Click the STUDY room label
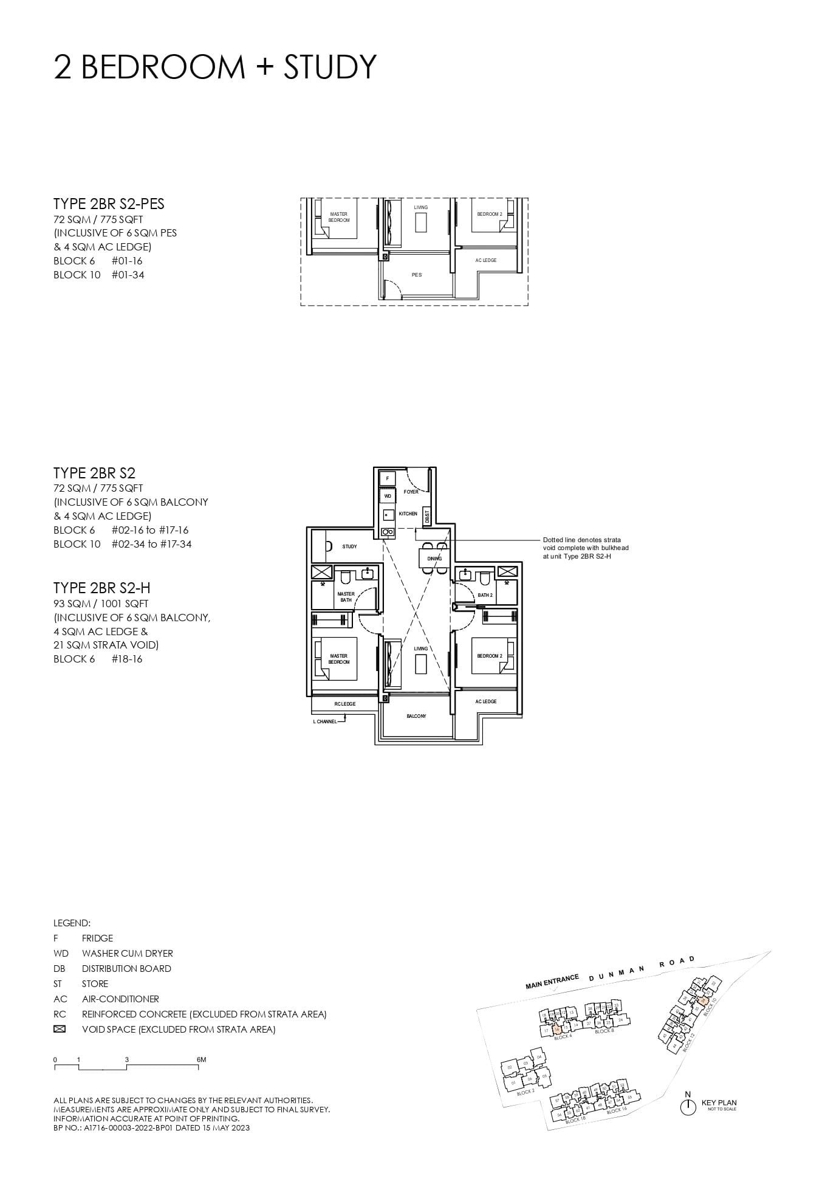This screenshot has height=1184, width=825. (x=349, y=546)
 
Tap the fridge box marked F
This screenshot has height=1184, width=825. (x=388, y=478)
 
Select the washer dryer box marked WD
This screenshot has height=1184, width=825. (x=388, y=497)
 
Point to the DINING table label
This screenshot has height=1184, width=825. (x=434, y=558)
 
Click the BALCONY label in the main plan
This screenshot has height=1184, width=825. (x=416, y=716)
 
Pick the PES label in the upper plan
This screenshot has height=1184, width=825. (x=416, y=275)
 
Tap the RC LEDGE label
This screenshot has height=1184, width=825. (x=345, y=704)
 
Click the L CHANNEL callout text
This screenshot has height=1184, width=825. (x=325, y=721)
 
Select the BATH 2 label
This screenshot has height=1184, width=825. (x=485, y=595)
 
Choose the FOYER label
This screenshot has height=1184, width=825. (x=411, y=492)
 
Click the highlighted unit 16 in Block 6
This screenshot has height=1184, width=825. (x=556, y=1030)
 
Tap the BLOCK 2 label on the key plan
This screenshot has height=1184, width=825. (x=526, y=1092)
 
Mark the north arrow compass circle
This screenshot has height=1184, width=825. (x=688, y=1107)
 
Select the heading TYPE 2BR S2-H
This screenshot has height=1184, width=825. (x=101, y=588)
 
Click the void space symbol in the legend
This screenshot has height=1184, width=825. (x=60, y=1030)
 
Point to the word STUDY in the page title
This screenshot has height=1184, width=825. (x=330, y=67)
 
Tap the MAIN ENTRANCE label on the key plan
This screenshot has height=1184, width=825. (x=552, y=982)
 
